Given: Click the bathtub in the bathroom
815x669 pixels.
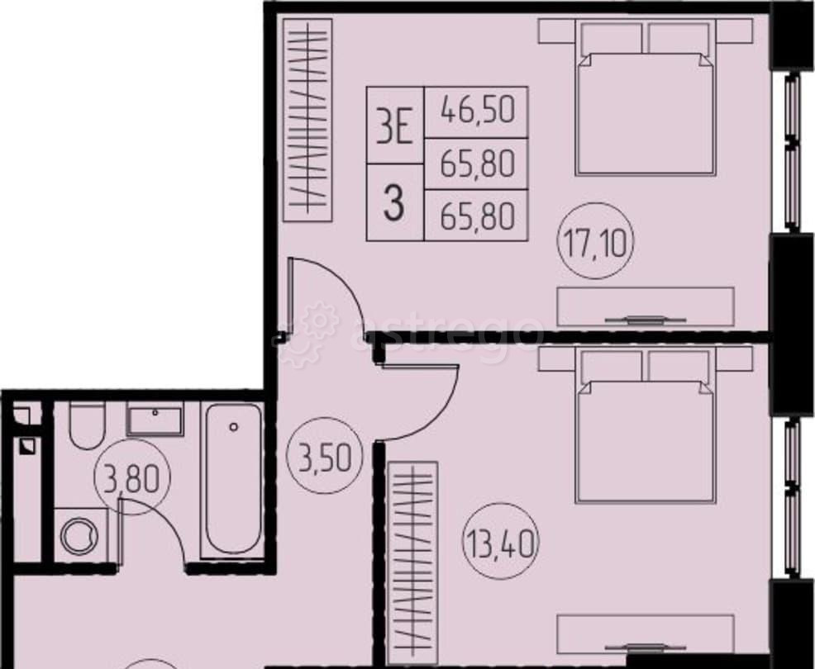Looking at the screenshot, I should [233, 477].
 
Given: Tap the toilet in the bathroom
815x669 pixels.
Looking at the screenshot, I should [84, 425].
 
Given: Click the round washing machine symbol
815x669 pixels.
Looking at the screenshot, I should [80, 535].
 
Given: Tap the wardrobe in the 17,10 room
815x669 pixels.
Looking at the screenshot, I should [307, 121].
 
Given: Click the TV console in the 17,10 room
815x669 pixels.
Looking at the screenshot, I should [646, 306].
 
